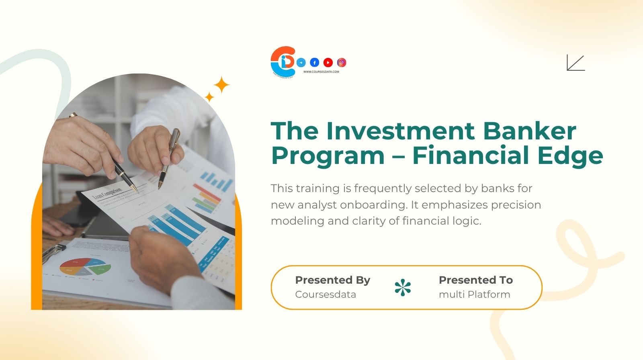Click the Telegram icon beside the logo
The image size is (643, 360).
click(301, 62)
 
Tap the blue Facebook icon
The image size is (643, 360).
click(315, 62)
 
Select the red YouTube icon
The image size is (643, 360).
click(328, 62)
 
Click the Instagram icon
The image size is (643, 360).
click(342, 62)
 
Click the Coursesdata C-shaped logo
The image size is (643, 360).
click(283, 61)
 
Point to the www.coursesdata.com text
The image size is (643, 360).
click(321, 72)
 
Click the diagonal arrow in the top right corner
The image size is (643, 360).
click(575, 63)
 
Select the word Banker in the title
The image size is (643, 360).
click(529, 131)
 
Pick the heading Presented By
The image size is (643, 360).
click(332, 280)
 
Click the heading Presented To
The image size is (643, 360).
click(475, 280)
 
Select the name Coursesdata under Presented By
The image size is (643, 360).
click(326, 295)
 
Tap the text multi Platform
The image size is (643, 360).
click(474, 295)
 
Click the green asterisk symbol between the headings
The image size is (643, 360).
click(403, 288)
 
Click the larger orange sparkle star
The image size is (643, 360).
click(221, 85)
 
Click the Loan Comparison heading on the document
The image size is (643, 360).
click(107, 194)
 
